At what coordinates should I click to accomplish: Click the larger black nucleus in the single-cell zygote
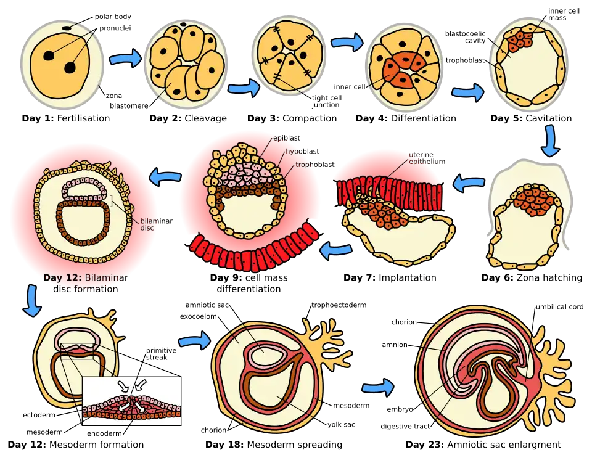point(70,67)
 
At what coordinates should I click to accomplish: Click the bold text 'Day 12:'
point(62,278)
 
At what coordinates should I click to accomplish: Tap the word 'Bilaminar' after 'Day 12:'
point(110,278)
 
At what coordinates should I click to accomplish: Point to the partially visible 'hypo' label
point(294,152)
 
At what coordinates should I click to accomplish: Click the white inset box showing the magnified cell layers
point(132,401)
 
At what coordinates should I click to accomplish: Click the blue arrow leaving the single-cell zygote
point(125,60)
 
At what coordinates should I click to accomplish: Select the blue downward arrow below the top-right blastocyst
point(551,141)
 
